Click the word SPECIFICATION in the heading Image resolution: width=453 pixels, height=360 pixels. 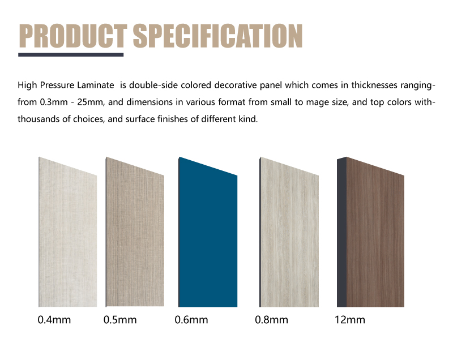click(217, 36)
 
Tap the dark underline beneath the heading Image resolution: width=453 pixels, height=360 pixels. click(71, 55)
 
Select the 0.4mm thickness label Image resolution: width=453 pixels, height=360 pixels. click(54, 320)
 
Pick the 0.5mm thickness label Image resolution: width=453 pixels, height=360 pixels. click(120, 320)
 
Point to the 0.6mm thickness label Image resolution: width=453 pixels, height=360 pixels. click(191, 320)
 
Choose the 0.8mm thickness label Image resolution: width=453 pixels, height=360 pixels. click(271, 320)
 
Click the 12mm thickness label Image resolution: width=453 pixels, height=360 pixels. click(349, 320)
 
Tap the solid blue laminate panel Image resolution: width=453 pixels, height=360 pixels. click(208, 238)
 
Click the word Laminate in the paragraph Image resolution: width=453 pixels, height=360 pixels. click(100, 85)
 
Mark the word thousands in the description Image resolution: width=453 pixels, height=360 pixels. click(37, 120)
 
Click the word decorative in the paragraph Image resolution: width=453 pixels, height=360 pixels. click(211, 85)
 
